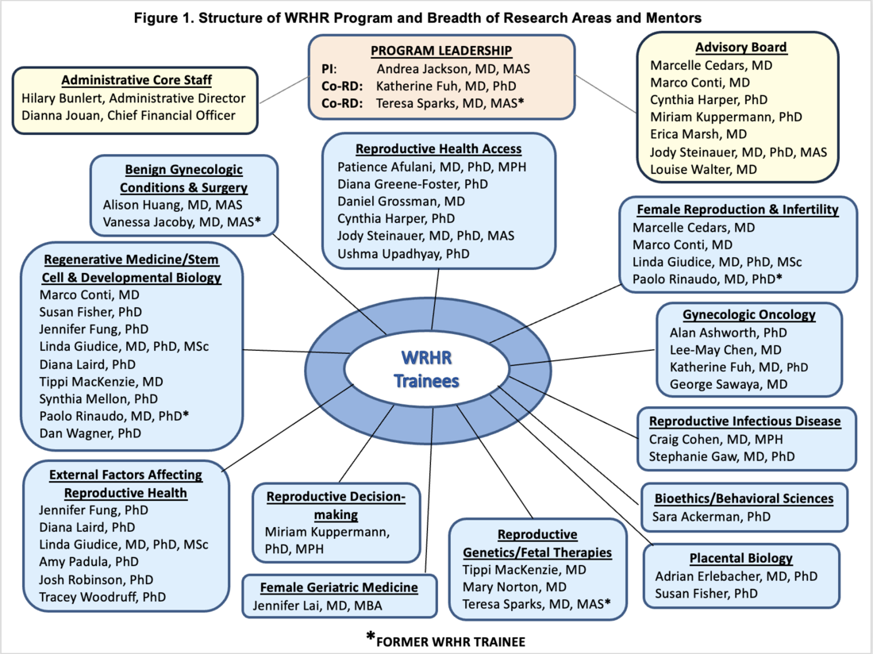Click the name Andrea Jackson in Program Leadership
pyautogui.click(x=452, y=69)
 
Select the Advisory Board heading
pyautogui.click(x=740, y=47)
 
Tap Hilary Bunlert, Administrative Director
pyautogui.click(x=133, y=98)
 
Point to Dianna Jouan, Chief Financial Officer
pyautogui.click(x=127, y=115)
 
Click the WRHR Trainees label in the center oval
pyautogui.click(x=428, y=370)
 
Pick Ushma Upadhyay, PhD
pyautogui.click(x=403, y=253)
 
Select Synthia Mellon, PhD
pyautogui.click(x=98, y=398)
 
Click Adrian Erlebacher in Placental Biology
pyautogui.click(x=736, y=576)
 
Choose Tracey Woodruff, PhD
pyautogui.click(x=103, y=597)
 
